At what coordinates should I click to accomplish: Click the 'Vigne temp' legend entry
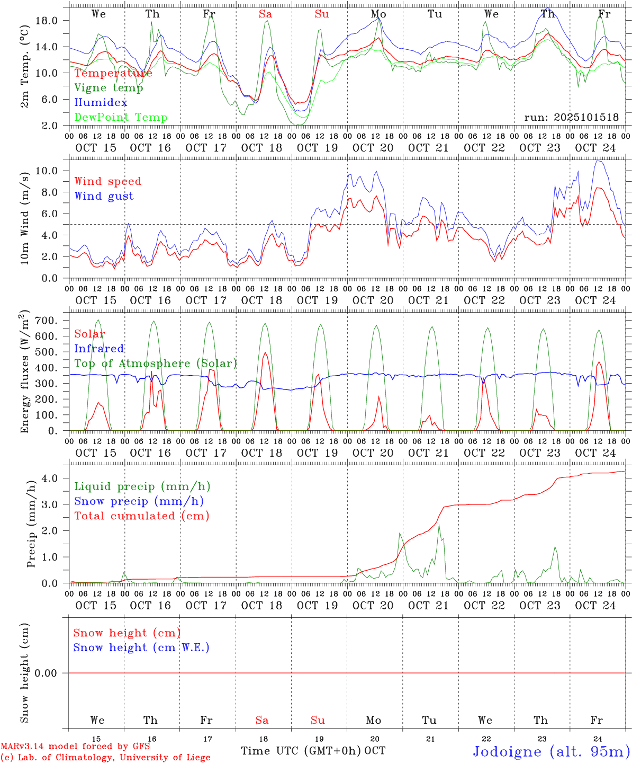[109, 88]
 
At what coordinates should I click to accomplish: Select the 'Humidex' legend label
[101, 102]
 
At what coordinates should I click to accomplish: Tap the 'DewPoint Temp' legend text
[121, 117]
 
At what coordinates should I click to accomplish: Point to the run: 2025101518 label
[571, 118]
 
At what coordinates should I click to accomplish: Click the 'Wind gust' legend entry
[104, 196]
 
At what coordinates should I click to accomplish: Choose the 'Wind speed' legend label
[107, 181]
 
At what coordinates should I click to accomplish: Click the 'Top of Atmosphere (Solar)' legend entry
[155, 363]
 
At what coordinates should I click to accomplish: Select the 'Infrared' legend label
[99, 349]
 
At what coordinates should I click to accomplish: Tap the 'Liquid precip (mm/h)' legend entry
[142, 486]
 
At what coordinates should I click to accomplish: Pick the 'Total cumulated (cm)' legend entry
[141, 516]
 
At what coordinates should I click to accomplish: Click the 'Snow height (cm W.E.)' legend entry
[141, 647]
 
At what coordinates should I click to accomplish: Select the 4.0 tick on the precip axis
[50, 478]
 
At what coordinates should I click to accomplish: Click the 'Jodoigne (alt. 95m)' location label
[551, 751]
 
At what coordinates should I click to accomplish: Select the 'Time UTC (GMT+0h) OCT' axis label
[313, 751]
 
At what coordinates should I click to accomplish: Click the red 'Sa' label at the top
[265, 14]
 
